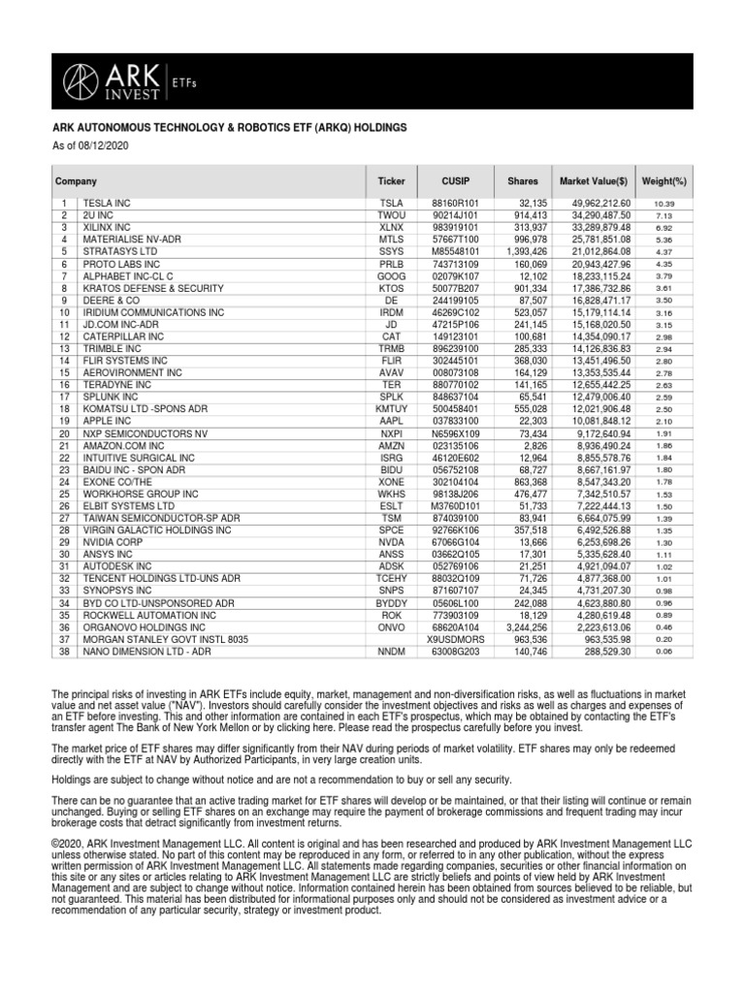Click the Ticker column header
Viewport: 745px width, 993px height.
(x=391, y=181)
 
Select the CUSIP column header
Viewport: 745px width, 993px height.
(x=455, y=181)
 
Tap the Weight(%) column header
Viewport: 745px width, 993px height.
(x=664, y=181)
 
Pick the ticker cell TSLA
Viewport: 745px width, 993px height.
(x=391, y=203)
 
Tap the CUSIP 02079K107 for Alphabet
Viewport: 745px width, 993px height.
(x=455, y=275)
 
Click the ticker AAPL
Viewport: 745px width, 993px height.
(x=391, y=421)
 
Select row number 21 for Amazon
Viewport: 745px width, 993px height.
(x=64, y=445)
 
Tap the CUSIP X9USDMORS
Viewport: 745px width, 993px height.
(x=455, y=639)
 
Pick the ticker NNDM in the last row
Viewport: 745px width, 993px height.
(x=391, y=652)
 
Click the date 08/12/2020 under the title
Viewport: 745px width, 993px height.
(x=102, y=145)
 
